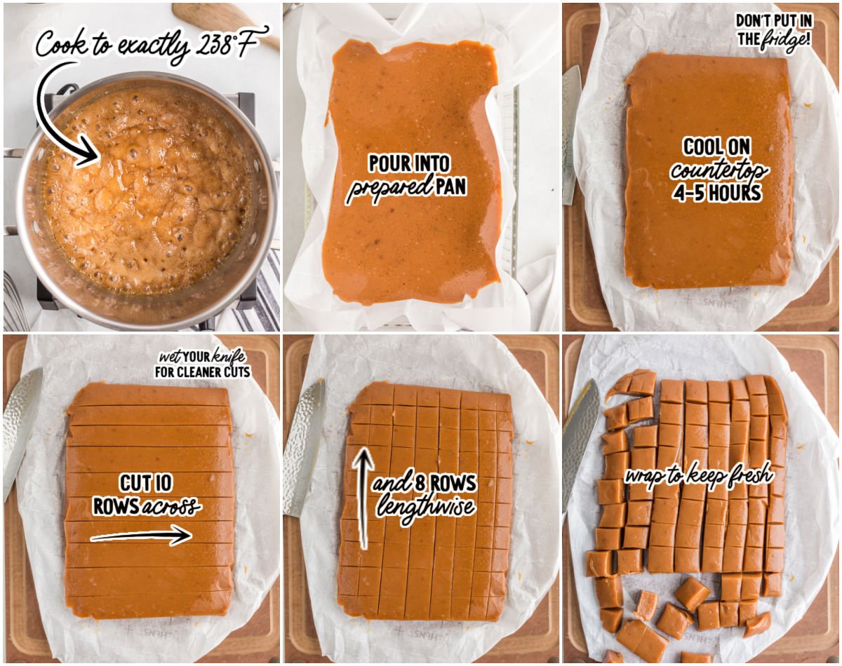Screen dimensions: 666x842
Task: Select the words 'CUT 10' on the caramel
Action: [x=145, y=483]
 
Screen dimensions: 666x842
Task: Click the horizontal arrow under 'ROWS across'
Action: [x=140, y=536]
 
